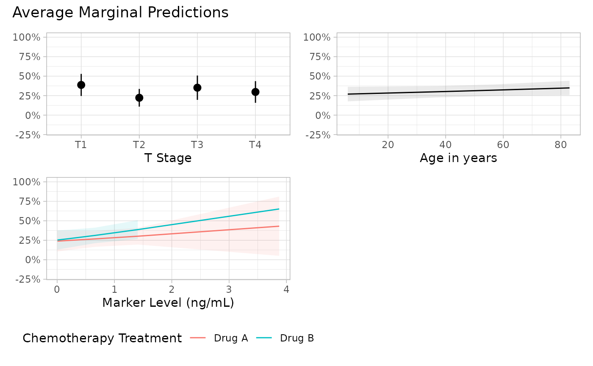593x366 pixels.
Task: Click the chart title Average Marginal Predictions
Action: [120, 13]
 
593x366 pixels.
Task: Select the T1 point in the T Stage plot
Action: [81, 85]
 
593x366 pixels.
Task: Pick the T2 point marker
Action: [139, 98]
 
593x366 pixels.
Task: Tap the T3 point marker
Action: [197, 88]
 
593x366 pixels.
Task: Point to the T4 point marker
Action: [255, 92]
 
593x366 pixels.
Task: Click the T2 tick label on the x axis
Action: [139, 145]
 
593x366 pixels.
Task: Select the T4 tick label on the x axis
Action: [255, 145]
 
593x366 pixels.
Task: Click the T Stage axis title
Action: [168, 158]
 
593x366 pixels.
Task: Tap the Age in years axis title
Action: [458, 158]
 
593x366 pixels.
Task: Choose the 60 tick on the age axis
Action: [503, 145]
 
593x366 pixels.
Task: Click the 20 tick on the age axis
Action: [388, 145]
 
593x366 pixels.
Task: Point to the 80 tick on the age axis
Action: [561, 145]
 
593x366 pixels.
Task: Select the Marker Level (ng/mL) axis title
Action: [168, 303]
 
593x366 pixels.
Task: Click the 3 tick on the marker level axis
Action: [229, 289]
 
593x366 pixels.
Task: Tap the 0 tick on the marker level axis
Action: [57, 289]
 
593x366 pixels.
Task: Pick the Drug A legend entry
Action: [219, 338]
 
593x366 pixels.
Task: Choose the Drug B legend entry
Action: [285, 338]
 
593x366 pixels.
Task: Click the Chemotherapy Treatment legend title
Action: [102, 338]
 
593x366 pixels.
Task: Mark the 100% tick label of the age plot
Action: [317, 37]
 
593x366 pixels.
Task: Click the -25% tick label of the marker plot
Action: [28, 279]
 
